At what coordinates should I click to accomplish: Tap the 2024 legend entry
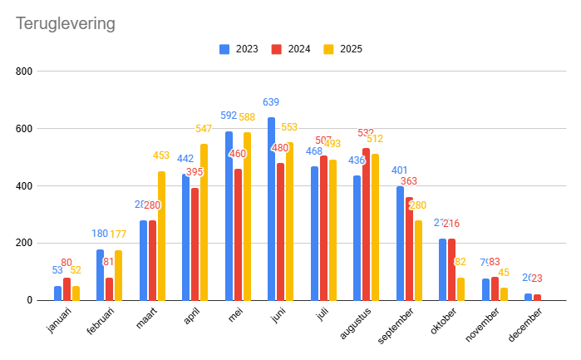pos(292,49)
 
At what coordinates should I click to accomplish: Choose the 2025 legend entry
pos(343,49)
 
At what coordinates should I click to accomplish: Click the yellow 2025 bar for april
pos(204,223)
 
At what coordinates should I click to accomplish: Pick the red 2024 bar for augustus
pos(367,224)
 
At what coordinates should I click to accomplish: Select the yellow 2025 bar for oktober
pos(460,288)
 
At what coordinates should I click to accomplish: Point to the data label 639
pos(271,102)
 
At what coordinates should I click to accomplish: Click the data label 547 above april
pos(204,129)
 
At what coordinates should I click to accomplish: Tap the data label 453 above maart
pos(161,155)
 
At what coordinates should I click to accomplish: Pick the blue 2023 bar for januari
pos(58,293)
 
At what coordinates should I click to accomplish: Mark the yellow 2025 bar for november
pos(504,293)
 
